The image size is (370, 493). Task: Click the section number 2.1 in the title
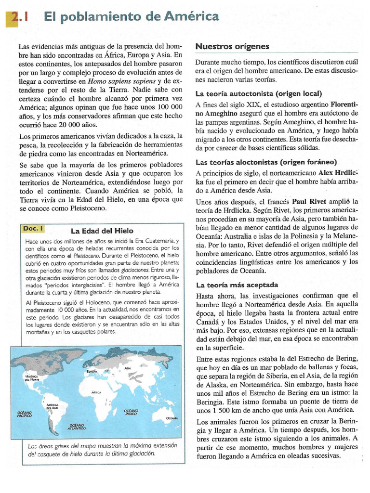pos(20,18)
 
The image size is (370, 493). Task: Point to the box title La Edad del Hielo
pos(102,231)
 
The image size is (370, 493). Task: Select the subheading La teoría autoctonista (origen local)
pos(258,93)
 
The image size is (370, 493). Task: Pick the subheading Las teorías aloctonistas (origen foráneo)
pos(266,162)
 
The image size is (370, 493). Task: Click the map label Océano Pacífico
pos(24,414)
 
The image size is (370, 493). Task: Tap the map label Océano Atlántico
pos(77,426)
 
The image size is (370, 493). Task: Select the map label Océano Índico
pos(131,412)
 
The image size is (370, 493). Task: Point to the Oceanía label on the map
pos(172,418)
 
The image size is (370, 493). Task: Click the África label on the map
pos(96,392)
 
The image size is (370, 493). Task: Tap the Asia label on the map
pos(128,368)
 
